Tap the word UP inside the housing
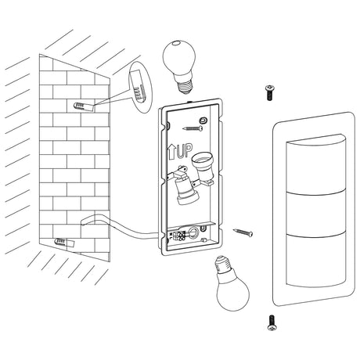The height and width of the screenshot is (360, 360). point(185,149)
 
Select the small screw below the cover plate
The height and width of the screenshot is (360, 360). point(272,321)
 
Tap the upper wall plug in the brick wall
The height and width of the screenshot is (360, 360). point(81,105)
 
